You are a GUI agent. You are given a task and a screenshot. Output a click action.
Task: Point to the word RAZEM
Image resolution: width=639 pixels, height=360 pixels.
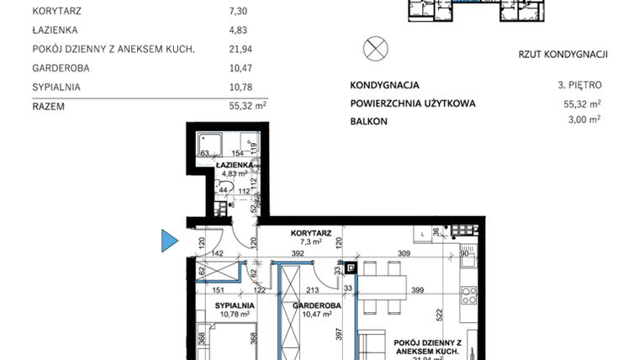[x=49, y=107]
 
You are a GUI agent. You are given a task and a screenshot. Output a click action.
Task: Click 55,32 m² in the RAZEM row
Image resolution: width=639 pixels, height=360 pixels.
[x=247, y=107]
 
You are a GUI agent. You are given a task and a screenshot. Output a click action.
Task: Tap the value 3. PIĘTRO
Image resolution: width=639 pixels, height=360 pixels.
[x=579, y=85]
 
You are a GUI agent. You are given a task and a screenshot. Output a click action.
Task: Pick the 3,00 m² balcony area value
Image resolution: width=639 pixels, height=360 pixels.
[x=583, y=120]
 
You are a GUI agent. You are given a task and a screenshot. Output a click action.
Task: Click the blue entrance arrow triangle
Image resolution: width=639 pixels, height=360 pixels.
[x=169, y=241]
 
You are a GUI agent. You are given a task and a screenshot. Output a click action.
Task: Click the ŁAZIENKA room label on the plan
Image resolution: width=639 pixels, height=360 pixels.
[x=234, y=166]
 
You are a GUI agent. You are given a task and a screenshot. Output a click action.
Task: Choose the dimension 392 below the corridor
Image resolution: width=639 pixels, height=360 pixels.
[x=297, y=252]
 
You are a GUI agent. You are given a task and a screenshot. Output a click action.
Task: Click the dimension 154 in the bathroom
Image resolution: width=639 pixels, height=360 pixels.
[x=237, y=153]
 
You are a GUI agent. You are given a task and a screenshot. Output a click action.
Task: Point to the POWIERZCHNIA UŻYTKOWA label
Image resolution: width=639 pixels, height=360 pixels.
[x=412, y=103]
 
